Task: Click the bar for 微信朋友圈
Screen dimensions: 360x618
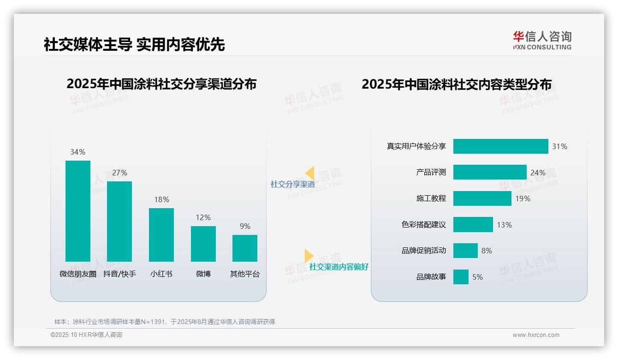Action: [78, 211]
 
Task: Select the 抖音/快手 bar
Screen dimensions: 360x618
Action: [119, 222]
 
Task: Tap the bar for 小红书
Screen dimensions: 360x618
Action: [161, 235]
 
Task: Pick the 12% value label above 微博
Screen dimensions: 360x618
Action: [203, 217]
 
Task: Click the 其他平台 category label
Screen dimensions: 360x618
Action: [245, 274]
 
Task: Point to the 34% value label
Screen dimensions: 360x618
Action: [77, 152]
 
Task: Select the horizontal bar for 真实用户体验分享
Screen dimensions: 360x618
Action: [500, 146]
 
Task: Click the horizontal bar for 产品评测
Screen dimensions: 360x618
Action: [489, 172]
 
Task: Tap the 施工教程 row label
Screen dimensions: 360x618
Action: [431, 198]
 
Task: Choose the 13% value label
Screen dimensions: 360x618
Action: [504, 225]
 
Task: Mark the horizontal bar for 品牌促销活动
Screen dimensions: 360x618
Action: [465, 251]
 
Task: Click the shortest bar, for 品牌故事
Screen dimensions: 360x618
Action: [461, 277]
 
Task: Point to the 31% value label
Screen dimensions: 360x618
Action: [559, 146]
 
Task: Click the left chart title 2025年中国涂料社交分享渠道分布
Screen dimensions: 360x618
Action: [161, 84]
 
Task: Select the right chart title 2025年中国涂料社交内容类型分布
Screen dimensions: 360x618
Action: [457, 84]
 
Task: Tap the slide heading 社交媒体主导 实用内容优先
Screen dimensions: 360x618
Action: [134, 44]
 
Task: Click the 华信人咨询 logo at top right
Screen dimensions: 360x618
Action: [542, 40]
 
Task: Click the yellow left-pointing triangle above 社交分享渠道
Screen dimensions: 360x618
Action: [309, 173]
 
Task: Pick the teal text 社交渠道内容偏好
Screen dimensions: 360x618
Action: [339, 267]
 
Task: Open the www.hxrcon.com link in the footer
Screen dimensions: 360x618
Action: [536, 335]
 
